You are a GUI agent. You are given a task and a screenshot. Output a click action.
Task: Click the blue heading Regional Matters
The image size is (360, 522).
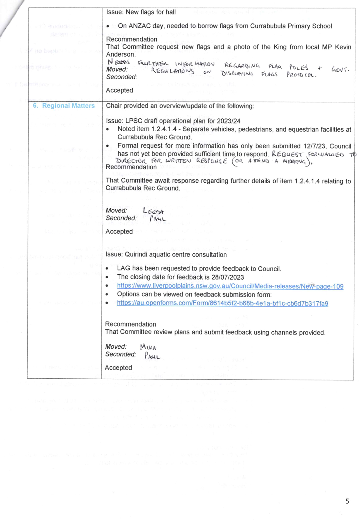(69, 106)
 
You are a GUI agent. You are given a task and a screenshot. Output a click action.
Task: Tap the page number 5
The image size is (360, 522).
(347, 501)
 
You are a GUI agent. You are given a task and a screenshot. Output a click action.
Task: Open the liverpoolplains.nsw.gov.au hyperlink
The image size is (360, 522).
(230, 286)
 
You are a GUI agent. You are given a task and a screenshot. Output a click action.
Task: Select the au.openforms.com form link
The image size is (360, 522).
(223, 303)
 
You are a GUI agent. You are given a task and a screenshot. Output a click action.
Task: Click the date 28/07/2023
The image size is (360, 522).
(228, 277)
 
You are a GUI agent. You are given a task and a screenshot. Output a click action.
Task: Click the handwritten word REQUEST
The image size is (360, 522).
(287, 154)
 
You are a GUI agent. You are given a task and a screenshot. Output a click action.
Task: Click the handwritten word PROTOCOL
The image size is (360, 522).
(302, 75)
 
